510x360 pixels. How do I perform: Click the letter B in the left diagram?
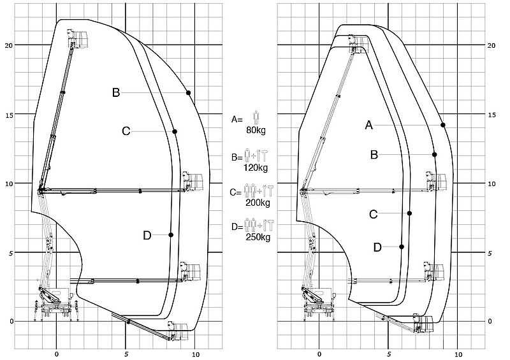(116, 92)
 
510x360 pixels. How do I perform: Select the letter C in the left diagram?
(126, 131)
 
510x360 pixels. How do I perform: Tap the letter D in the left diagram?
(147, 235)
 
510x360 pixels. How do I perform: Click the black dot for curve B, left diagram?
(188, 93)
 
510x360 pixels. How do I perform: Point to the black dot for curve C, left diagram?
(175, 131)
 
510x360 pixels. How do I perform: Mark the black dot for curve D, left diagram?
(171, 235)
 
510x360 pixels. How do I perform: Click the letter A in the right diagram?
(369, 125)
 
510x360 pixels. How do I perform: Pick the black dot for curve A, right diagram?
(443, 125)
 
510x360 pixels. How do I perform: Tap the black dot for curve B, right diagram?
(435, 154)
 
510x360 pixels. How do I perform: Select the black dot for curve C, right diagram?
(409, 213)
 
